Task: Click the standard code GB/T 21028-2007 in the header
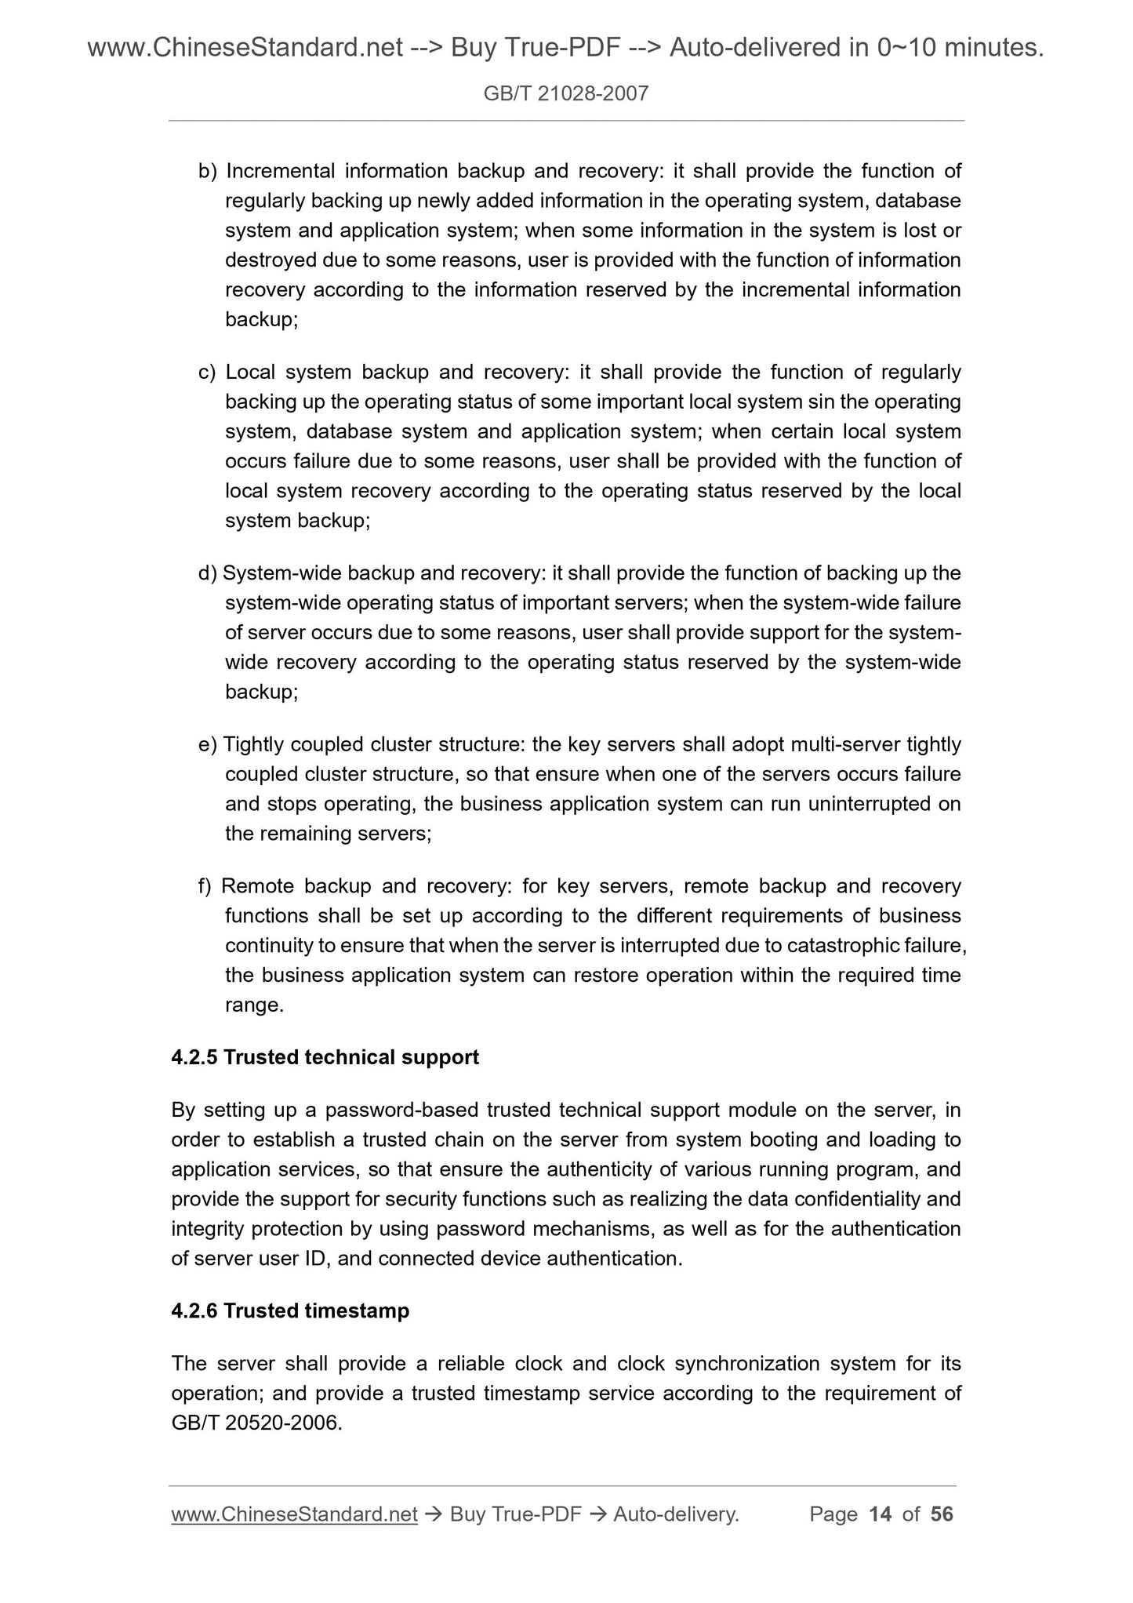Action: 565,94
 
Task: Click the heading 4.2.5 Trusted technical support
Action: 325,1057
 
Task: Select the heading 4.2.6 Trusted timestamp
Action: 290,1310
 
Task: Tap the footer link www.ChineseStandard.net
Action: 294,1514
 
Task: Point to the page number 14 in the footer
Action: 881,1514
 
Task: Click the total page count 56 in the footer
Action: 942,1514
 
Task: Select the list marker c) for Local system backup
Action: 207,372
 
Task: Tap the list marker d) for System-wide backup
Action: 207,573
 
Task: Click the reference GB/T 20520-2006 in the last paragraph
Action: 256,1423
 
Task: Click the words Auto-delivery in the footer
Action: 676,1514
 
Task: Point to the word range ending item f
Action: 253,1005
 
